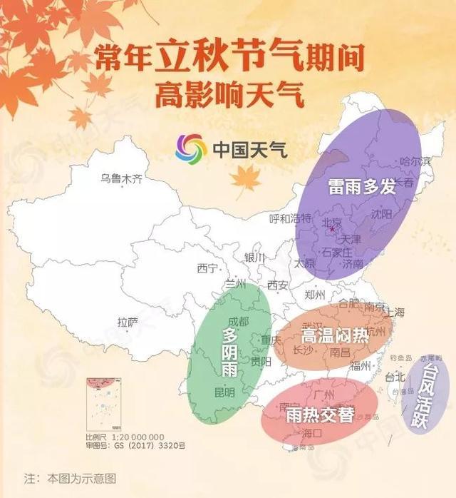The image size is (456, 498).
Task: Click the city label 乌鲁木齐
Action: tap(121, 178)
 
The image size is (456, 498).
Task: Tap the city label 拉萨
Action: tap(128, 322)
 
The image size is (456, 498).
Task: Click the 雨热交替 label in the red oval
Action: tap(319, 414)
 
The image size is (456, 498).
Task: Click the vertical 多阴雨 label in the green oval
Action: tap(229, 354)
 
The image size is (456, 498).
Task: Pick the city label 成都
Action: tap(239, 322)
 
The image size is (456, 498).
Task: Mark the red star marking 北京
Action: tap(332, 229)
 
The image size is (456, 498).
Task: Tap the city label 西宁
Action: tap(207, 269)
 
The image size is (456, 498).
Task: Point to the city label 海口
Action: tap(312, 433)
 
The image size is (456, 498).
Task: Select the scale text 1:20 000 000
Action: tap(138, 437)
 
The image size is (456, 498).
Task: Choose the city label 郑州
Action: tap(314, 294)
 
